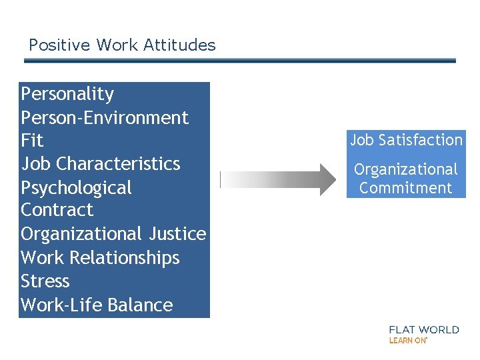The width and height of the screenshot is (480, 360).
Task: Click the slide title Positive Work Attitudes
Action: coord(122,45)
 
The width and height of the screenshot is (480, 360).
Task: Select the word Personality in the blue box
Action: coord(67,94)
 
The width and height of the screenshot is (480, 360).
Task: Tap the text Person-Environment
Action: coord(105,117)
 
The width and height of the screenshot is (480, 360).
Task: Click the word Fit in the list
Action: coord(32,141)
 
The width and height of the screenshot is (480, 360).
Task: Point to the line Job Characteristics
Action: coord(100,164)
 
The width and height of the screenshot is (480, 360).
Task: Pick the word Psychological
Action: coord(76,188)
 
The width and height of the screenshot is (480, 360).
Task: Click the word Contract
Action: coord(57,211)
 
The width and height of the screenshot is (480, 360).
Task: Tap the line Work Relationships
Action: coord(100,258)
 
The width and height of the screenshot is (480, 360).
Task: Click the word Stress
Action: coord(45,281)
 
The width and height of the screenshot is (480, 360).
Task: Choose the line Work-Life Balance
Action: coord(97,305)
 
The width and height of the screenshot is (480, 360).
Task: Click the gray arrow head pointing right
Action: coord(325,179)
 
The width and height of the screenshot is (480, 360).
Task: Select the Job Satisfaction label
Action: coord(406,140)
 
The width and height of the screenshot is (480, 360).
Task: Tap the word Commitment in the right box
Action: coord(405,188)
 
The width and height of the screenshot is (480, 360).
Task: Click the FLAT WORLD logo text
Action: coord(424,329)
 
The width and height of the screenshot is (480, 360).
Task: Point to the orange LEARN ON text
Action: coord(407,340)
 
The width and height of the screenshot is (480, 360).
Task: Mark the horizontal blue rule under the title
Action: coord(240,61)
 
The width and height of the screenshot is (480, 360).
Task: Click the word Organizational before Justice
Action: coord(79,234)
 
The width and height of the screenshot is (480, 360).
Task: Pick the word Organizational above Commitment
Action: coord(405,170)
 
